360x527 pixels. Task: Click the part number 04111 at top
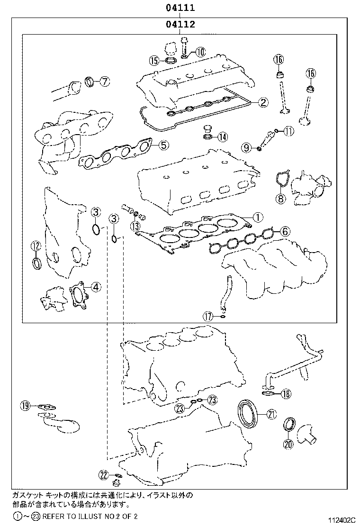(x=180, y=8)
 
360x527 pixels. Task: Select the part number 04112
(x=180, y=24)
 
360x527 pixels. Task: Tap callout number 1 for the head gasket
(x=257, y=217)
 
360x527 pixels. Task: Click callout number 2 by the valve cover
(x=263, y=101)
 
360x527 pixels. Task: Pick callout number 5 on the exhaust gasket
(x=162, y=145)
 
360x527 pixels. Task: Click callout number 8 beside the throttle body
(x=280, y=198)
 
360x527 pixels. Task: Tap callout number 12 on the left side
(x=36, y=245)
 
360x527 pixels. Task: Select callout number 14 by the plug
(x=222, y=137)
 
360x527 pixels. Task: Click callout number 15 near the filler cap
(x=153, y=60)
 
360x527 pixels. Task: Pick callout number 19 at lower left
(x=25, y=405)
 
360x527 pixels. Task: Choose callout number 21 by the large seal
(x=271, y=414)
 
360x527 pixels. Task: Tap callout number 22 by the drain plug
(x=104, y=474)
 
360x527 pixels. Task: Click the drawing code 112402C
(x=341, y=520)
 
